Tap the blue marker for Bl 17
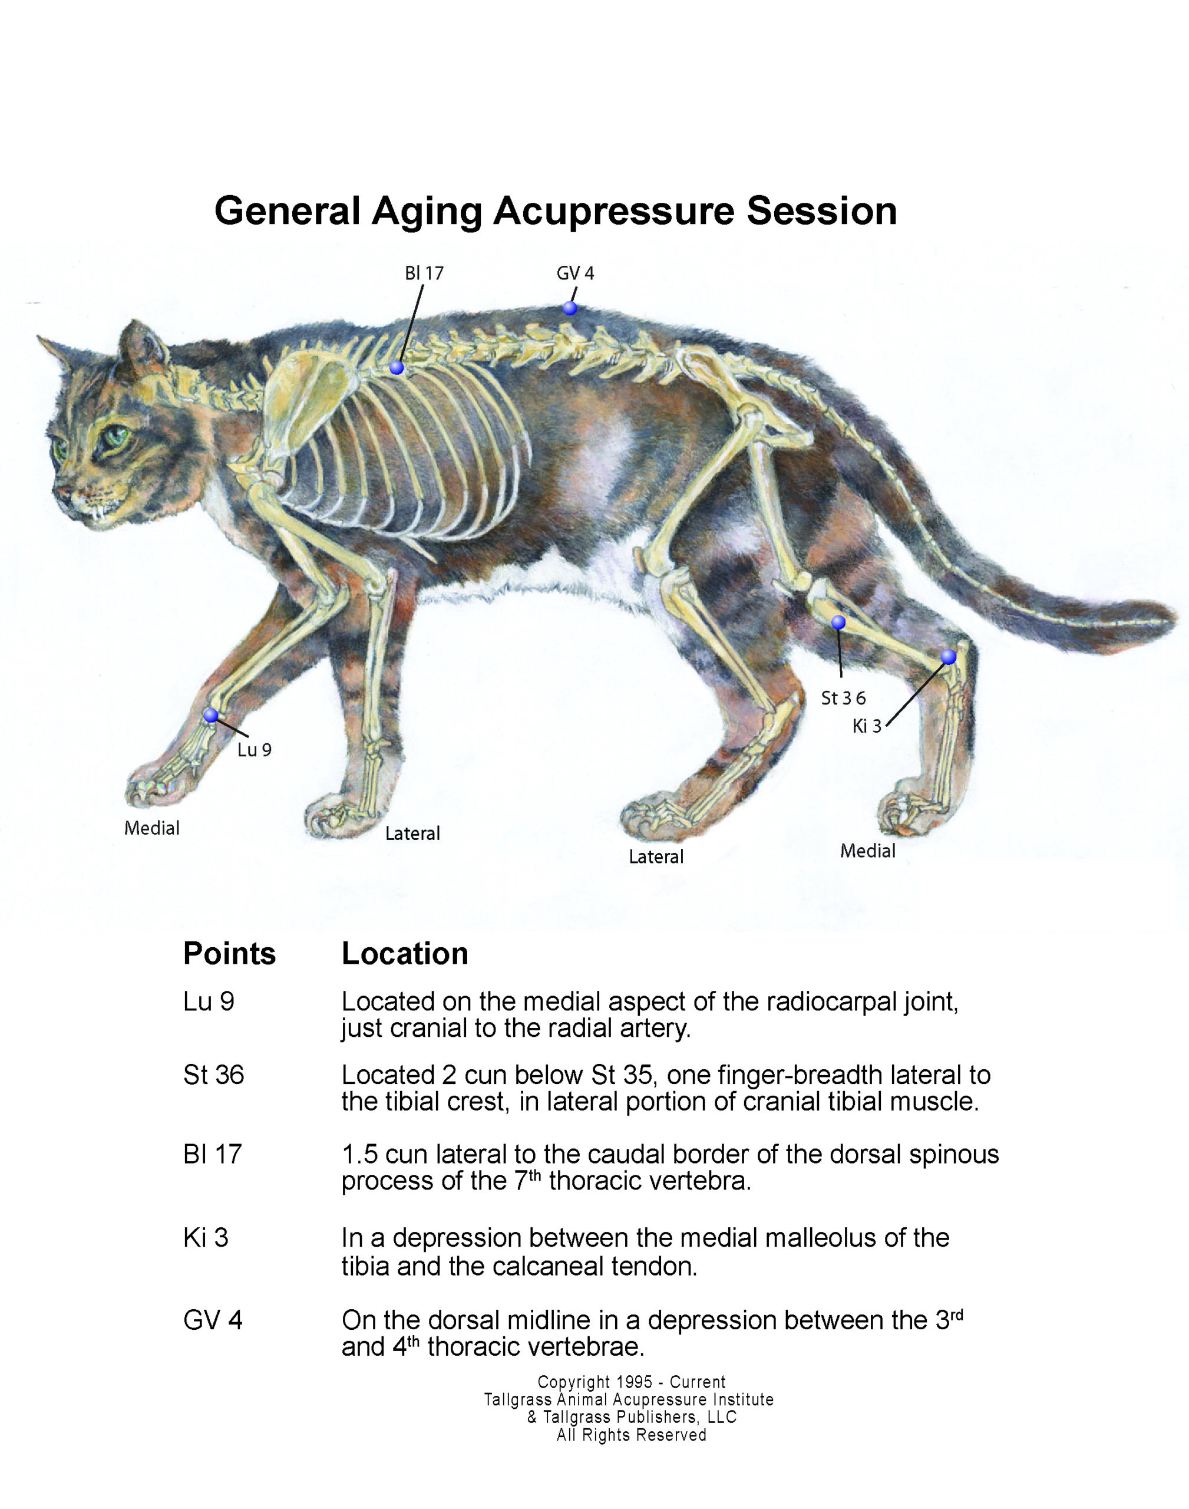click(x=397, y=368)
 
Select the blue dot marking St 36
click(x=839, y=622)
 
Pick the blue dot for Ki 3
click(x=948, y=657)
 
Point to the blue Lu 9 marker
click(x=211, y=715)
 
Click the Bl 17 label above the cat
click(x=424, y=273)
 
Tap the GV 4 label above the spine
click(x=575, y=273)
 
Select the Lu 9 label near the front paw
click(x=254, y=750)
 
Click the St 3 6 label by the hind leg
click(x=843, y=698)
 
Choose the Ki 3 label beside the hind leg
click(x=867, y=726)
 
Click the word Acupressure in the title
click(x=613, y=212)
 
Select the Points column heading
click(x=229, y=953)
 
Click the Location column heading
click(x=404, y=953)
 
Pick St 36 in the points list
click(x=214, y=1075)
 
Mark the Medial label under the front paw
click(x=152, y=828)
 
